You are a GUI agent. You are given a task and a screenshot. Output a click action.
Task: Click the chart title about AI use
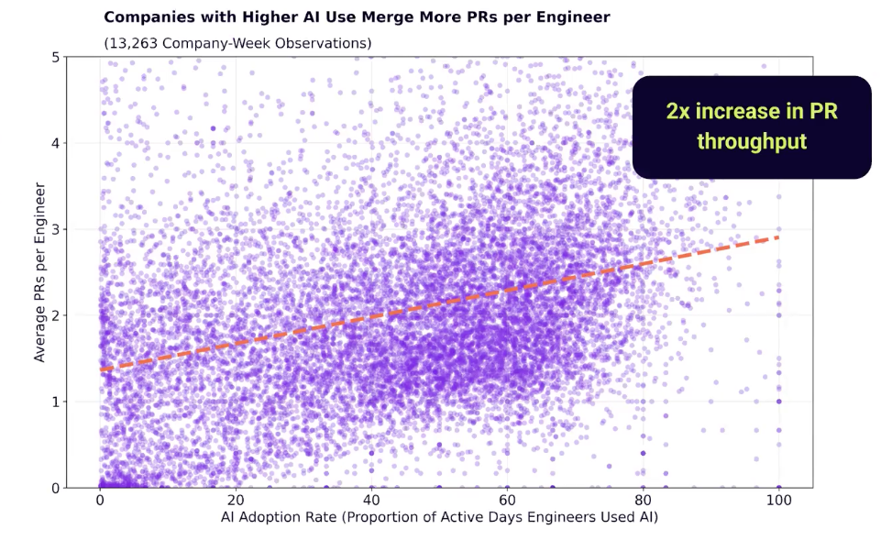point(357,17)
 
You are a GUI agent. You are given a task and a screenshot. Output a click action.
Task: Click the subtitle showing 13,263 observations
point(237,43)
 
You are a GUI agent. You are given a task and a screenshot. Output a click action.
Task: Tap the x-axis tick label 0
point(100,501)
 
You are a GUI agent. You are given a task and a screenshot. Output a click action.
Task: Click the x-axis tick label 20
point(236,501)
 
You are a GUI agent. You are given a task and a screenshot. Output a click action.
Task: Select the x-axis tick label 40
point(371,501)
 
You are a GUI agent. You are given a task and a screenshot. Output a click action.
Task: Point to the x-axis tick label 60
point(507,501)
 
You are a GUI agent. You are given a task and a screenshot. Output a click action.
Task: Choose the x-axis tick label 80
point(643,501)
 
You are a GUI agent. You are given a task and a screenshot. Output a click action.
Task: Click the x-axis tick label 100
point(778,501)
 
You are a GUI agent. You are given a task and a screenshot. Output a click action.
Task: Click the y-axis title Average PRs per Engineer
point(40,272)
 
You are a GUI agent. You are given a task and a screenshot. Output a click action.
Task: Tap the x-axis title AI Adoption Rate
point(439,518)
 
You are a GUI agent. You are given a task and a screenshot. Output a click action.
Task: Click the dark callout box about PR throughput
point(752,127)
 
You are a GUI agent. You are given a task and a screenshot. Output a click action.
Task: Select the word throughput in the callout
point(752,142)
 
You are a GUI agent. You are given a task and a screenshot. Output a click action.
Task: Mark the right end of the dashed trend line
point(778,237)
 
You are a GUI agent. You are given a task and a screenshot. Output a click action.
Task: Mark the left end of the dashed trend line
point(101,369)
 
